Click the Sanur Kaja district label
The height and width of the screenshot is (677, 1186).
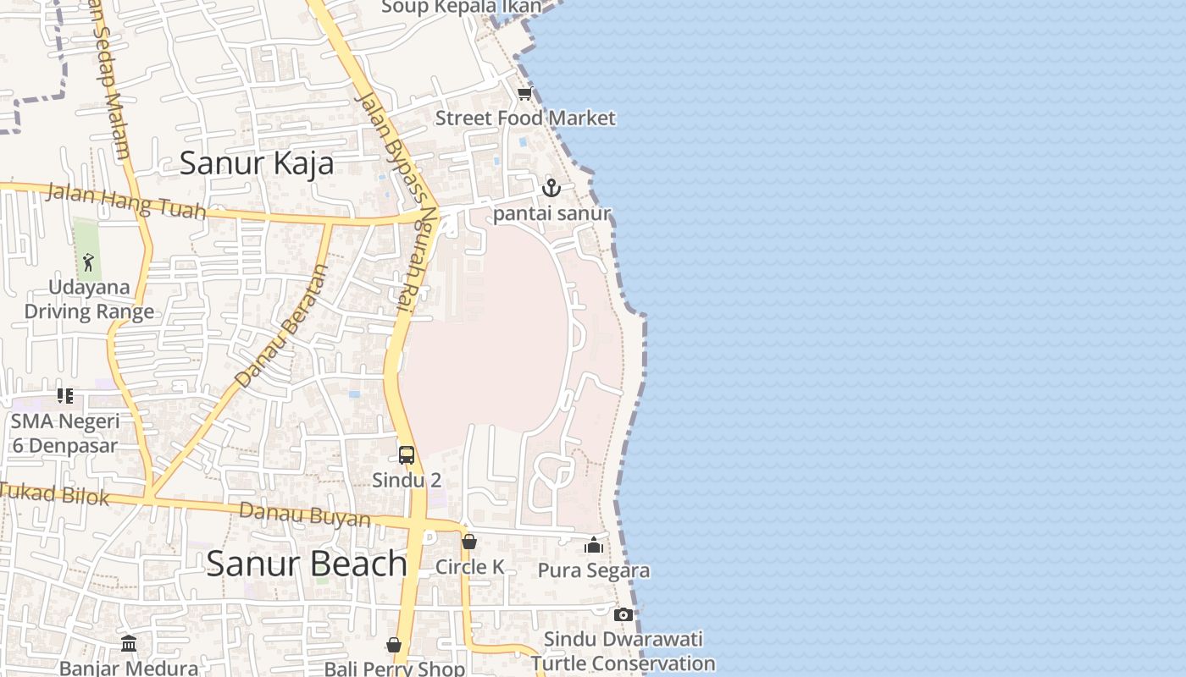257,163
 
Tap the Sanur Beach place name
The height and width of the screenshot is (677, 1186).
306,564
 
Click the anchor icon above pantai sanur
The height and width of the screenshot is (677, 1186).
551,188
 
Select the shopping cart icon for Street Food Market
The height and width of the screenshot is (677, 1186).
524,94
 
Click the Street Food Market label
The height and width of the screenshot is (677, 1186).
525,118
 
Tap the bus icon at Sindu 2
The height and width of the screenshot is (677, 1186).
407,455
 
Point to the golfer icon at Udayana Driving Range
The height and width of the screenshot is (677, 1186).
88,262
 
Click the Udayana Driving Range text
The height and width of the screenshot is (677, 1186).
89,300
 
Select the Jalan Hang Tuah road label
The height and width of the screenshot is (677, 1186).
125,201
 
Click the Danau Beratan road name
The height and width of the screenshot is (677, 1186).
282,326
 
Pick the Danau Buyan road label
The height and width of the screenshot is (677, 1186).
305,515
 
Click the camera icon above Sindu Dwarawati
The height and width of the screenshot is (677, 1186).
623,614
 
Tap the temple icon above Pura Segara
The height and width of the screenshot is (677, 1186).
594,545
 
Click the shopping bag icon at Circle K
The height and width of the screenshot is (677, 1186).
469,542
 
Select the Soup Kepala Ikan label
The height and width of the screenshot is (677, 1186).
461,7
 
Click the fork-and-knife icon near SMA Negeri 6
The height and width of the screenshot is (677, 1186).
65,395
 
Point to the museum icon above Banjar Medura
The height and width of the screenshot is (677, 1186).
129,644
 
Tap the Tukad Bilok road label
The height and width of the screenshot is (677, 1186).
55,493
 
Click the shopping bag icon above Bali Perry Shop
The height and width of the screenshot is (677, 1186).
394,645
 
